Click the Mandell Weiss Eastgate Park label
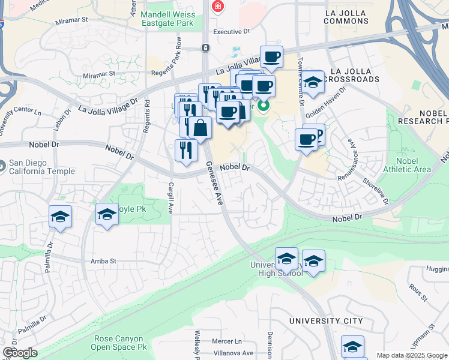click(167, 19)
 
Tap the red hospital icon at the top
click(217, 7)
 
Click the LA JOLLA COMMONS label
click(354, 16)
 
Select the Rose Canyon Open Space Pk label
click(119, 342)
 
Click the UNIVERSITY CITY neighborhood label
click(326, 321)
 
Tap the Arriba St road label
click(103, 262)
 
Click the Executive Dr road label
click(231, 31)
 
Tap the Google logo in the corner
click(19, 353)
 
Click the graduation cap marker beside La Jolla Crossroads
click(313, 83)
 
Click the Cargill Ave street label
click(171, 199)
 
